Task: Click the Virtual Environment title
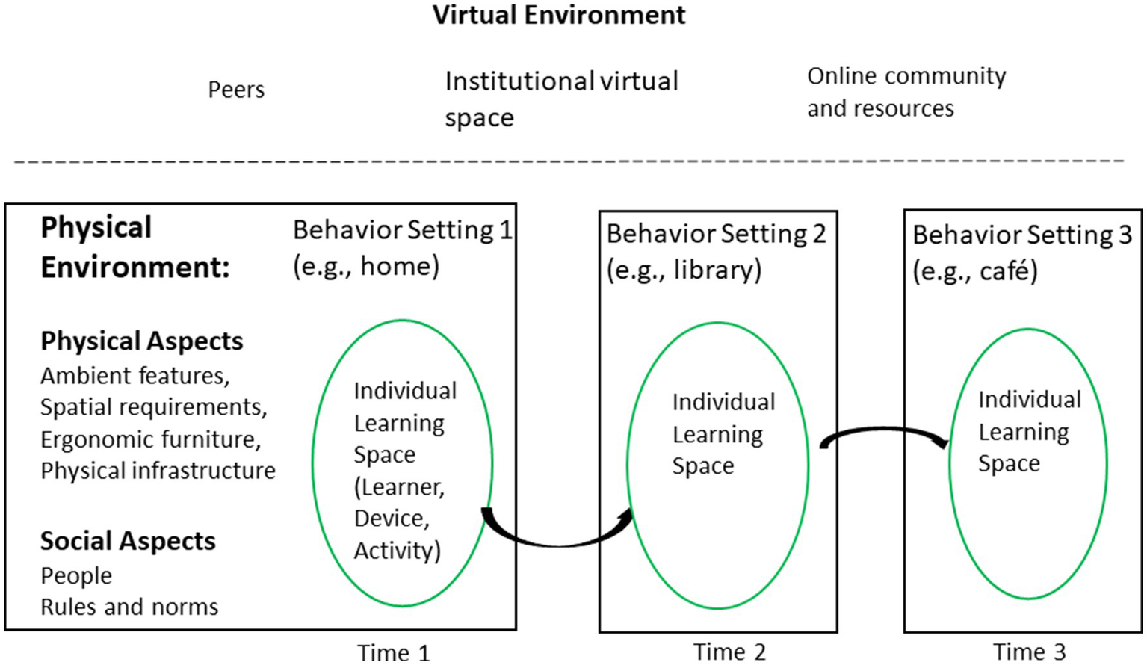point(559,16)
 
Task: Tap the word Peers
point(236,90)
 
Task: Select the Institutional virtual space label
point(561,99)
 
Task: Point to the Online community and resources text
point(906,92)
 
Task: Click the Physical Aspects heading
point(142,341)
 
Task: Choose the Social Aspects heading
point(128,541)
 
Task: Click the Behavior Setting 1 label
point(402,230)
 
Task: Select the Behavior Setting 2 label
point(716,235)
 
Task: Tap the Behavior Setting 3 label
point(1022,235)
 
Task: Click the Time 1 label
point(394,652)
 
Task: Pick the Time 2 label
point(729,652)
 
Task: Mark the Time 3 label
point(1029,652)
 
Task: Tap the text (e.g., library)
point(684,270)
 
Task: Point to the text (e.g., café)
point(975,271)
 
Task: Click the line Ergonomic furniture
point(151,439)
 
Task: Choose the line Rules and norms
point(129,607)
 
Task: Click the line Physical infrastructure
point(158,471)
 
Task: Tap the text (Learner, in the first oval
point(399,487)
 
